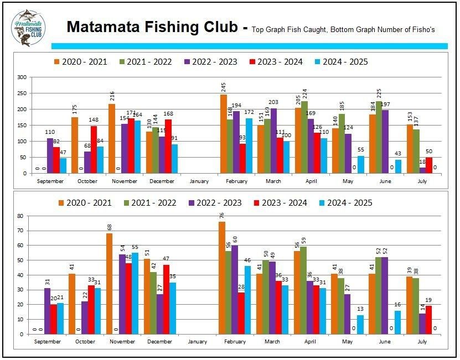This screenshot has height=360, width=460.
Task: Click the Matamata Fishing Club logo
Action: tap(28, 27)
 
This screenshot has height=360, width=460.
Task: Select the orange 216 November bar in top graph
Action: tap(112, 138)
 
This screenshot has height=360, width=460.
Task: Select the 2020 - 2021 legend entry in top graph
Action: tap(79, 62)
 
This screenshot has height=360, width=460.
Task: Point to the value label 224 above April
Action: tap(305, 92)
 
